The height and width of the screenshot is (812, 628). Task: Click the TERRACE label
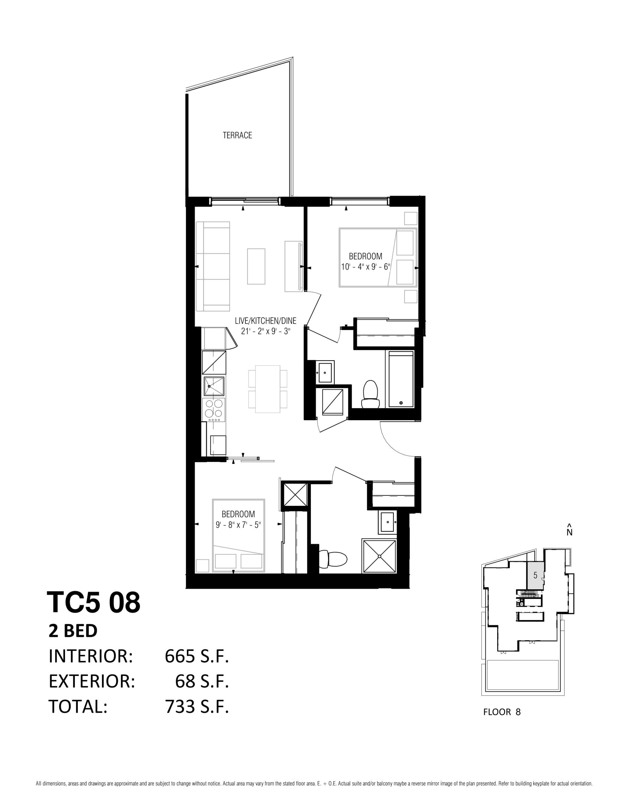[237, 135]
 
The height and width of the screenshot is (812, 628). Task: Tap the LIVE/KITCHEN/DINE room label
[265, 320]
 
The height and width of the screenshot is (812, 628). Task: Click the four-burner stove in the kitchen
[214, 410]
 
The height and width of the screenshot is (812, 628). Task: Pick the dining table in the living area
[268, 389]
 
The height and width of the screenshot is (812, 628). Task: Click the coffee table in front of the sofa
[256, 266]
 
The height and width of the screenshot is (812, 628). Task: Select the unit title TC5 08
[93, 603]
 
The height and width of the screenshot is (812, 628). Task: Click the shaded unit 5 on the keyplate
[536, 575]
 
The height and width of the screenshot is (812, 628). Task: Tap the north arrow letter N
[569, 532]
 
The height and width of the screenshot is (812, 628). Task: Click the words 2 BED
[73, 631]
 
